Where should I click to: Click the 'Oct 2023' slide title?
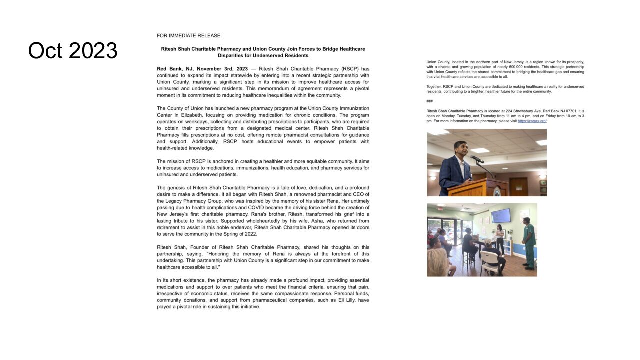(x=73, y=50)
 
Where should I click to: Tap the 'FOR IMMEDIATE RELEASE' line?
(x=188, y=36)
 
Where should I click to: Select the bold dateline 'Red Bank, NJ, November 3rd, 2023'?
(x=202, y=69)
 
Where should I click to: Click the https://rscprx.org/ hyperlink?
(x=532, y=121)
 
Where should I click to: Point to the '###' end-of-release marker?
(x=429, y=101)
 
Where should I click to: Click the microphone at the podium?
(x=475, y=159)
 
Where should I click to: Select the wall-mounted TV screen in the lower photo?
(x=501, y=215)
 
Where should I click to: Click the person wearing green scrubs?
(x=529, y=245)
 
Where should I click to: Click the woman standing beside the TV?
(x=499, y=239)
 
